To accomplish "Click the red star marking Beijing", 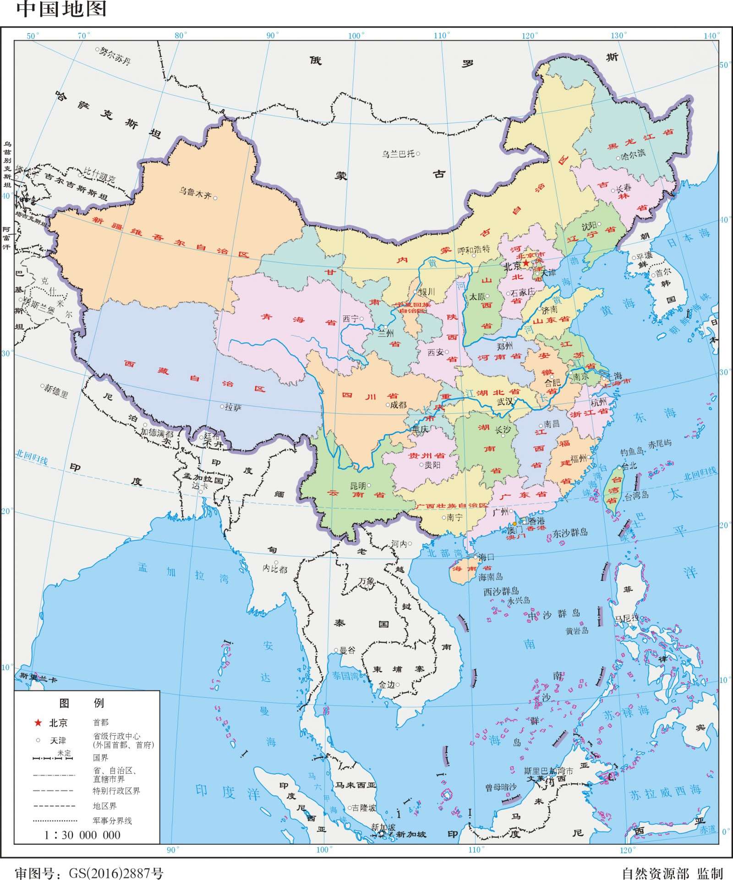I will click(525, 263).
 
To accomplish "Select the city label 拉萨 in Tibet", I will click(233, 407).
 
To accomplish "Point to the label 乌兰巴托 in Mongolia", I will click(398, 154).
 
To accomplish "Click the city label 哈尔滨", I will click(633, 154).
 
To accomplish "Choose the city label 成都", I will click(398, 405).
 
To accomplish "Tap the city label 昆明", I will click(358, 486).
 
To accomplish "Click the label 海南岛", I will click(491, 577).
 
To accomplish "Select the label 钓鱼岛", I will click(632, 452).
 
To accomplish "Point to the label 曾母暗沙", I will click(501, 787).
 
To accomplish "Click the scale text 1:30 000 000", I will click(82, 835).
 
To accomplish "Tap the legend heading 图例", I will click(82, 703).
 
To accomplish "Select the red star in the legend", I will click(38, 723).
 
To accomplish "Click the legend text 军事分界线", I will click(112, 820).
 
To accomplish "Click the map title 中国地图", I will click(61, 9).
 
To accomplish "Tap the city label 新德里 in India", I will click(56, 391).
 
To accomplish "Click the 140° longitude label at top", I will click(711, 36).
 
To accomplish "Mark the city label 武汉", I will click(505, 402).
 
